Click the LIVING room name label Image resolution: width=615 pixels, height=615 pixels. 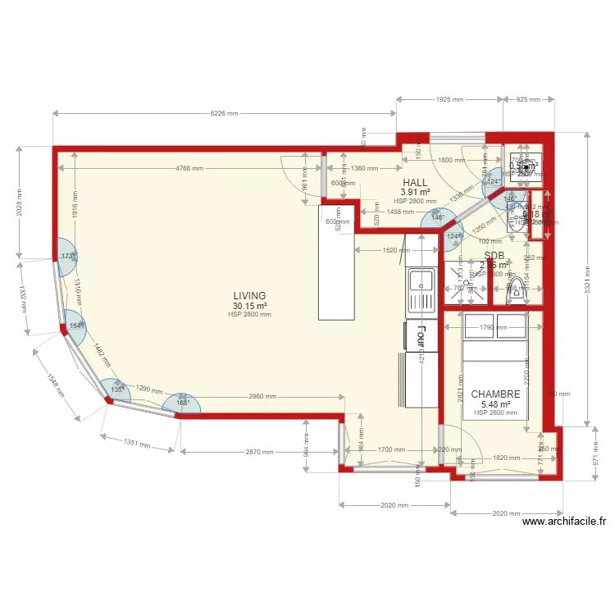[x=249, y=296]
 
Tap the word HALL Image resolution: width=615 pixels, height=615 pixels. [x=415, y=182]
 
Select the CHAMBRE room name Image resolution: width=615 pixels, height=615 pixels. [x=496, y=394]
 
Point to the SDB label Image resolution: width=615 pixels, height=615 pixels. [x=494, y=256]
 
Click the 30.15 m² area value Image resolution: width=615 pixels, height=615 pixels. [x=249, y=307]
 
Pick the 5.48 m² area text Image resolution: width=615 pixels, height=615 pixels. [x=496, y=404]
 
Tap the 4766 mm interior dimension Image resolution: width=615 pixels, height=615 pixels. [x=189, y=169]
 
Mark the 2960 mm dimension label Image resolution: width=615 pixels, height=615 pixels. [x=262, y=397]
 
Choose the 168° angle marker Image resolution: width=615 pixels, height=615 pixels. [x=182, y=403]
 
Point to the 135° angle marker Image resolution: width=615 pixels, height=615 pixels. [x=116, y=390]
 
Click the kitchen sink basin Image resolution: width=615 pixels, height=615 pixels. [x=421, y=280]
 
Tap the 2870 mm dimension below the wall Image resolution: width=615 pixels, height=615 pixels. [x=258, y=452]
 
